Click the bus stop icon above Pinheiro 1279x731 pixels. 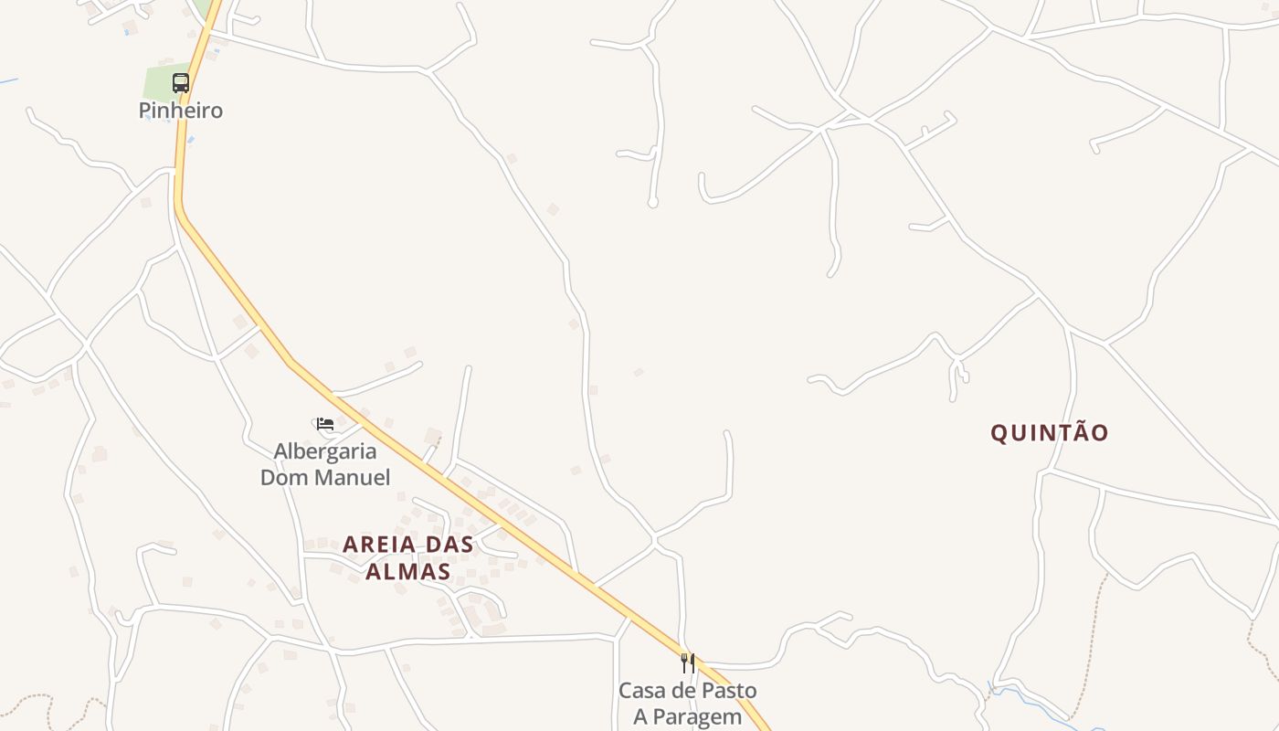tap(181, 83)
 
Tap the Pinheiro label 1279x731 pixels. tap(181, 111)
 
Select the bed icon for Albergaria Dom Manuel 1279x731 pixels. tap(324, 424)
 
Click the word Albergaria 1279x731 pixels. tap(325, 451)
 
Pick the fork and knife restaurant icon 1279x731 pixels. tap(688, 663)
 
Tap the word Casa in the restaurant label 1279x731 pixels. tap(640, 691)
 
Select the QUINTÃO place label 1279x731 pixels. tap(1050, 433)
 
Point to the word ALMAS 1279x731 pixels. tap(408, 572)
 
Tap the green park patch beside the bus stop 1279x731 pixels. tap(158, 85)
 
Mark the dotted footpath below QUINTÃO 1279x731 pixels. tap(1092, 640)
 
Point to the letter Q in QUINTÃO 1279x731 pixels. tap(999, 433)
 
